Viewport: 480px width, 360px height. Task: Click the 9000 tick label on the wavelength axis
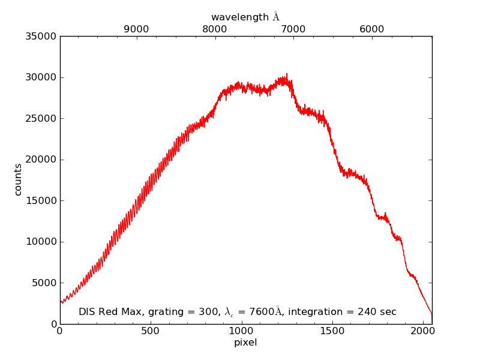(136, 29)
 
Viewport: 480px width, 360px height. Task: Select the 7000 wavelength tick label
(293, 29)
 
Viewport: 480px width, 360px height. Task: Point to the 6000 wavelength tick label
(372, 29)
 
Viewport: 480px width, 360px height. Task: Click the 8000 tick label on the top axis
(215, 29)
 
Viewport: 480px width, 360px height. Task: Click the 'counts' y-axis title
(18, 179)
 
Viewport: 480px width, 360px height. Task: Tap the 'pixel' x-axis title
(245, 343)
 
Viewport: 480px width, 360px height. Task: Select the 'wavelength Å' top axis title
(245, 17)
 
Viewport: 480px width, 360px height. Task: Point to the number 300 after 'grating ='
(207, 312)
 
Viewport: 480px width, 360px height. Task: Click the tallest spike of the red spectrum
(286, 74)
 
